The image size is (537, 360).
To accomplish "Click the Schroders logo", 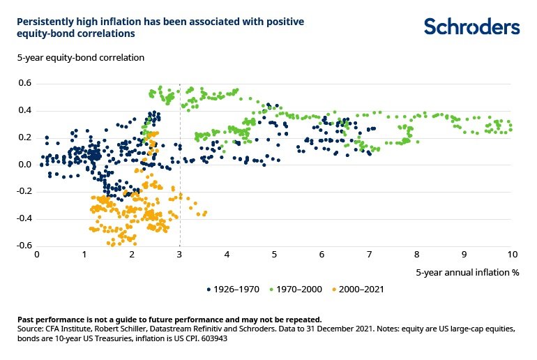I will [472, 27].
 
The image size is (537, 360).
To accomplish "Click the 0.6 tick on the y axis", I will [25, 84].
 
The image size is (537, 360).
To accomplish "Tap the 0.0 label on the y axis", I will [25, 165].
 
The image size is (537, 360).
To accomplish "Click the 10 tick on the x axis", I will [511, 255].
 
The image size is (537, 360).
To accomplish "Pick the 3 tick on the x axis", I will [180, 255].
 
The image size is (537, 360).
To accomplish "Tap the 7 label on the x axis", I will [370, 255].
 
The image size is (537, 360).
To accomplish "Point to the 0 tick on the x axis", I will [37, 255].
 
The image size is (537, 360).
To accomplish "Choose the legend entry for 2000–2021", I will [360, 288].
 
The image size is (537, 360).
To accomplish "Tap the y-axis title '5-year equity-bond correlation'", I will [81, 57].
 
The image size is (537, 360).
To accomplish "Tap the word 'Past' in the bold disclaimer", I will [27, 319].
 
